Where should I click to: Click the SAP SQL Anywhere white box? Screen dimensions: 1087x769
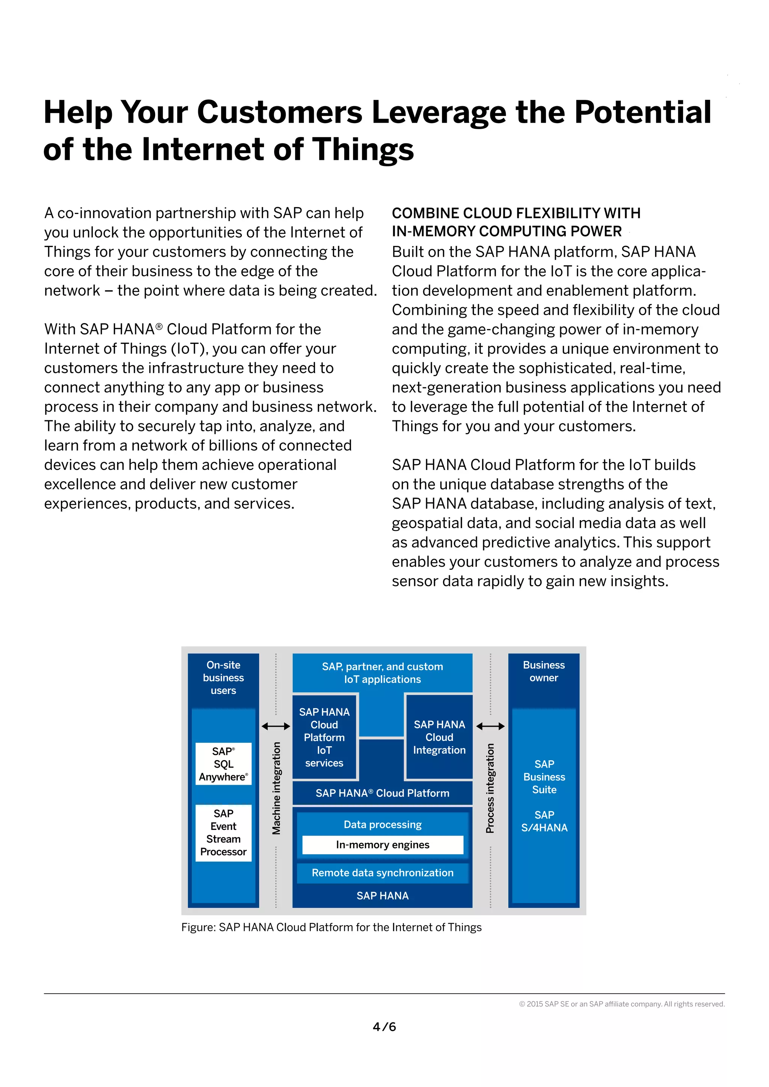223,764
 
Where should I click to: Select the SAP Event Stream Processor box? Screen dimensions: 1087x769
223,833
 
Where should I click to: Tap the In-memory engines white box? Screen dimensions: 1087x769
383,845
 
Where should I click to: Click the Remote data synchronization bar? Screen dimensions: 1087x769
383,873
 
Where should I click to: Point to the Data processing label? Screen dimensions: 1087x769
383,824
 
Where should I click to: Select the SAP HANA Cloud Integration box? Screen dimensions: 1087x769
439,737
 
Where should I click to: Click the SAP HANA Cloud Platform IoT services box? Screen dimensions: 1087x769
324,737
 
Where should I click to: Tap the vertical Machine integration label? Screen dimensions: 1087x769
276,788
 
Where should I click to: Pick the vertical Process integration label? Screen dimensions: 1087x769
490,788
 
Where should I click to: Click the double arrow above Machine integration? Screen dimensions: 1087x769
276,726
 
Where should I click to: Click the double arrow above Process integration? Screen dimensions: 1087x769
490,726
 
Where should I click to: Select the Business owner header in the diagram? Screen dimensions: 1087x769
544,671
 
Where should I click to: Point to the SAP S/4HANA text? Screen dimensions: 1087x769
544,821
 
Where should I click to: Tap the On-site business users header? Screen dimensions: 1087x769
223,677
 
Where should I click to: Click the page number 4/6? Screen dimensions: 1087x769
384,1027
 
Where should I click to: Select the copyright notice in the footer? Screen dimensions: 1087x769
622,1004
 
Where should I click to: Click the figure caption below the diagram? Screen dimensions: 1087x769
332,927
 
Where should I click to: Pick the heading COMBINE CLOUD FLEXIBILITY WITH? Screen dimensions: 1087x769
516,214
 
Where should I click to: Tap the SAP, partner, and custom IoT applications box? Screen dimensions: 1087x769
383,673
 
